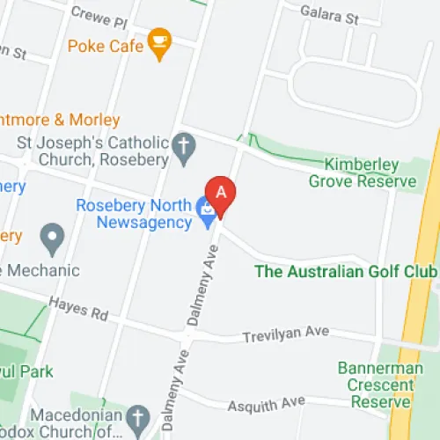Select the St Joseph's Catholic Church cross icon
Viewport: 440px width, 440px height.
(x=184, y=149)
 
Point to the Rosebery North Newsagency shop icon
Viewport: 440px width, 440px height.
(x=207, y=212)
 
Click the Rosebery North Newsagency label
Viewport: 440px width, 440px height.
(x=134, y=214)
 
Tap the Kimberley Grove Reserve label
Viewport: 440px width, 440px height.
(x=362, y=172)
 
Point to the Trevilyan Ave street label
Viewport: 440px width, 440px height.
(x=287, y=333)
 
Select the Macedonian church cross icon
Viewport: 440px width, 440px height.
(x=136, y=415)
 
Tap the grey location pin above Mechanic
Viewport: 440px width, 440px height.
(x=54, y=237)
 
